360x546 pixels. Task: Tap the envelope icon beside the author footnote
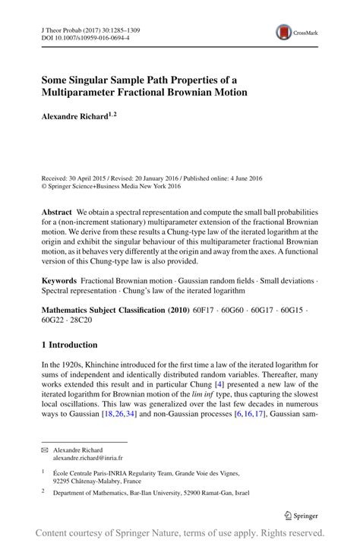click(x=44, y=450)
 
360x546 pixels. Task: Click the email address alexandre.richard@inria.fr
click(x=87, y=459)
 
